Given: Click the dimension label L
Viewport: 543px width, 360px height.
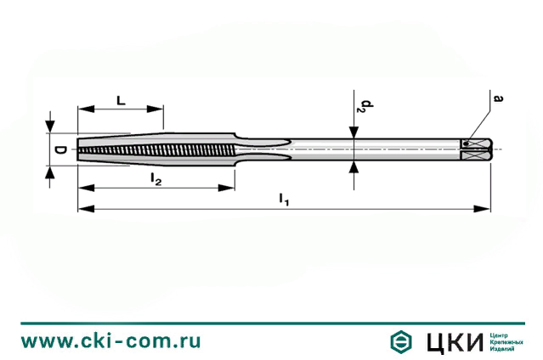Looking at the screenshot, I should pyautogui.click(x=120, y=100).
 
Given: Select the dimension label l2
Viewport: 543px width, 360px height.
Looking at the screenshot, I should pyautogui.click(x=156, y=178).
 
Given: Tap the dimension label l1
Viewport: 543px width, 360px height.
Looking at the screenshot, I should pyautogui.click(x=284, y=200).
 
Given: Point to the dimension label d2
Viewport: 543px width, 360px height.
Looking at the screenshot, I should pyautogui.click(x=363, y=106).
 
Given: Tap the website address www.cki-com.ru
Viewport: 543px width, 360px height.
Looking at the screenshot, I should pyautogui.click(x=111, y=341).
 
